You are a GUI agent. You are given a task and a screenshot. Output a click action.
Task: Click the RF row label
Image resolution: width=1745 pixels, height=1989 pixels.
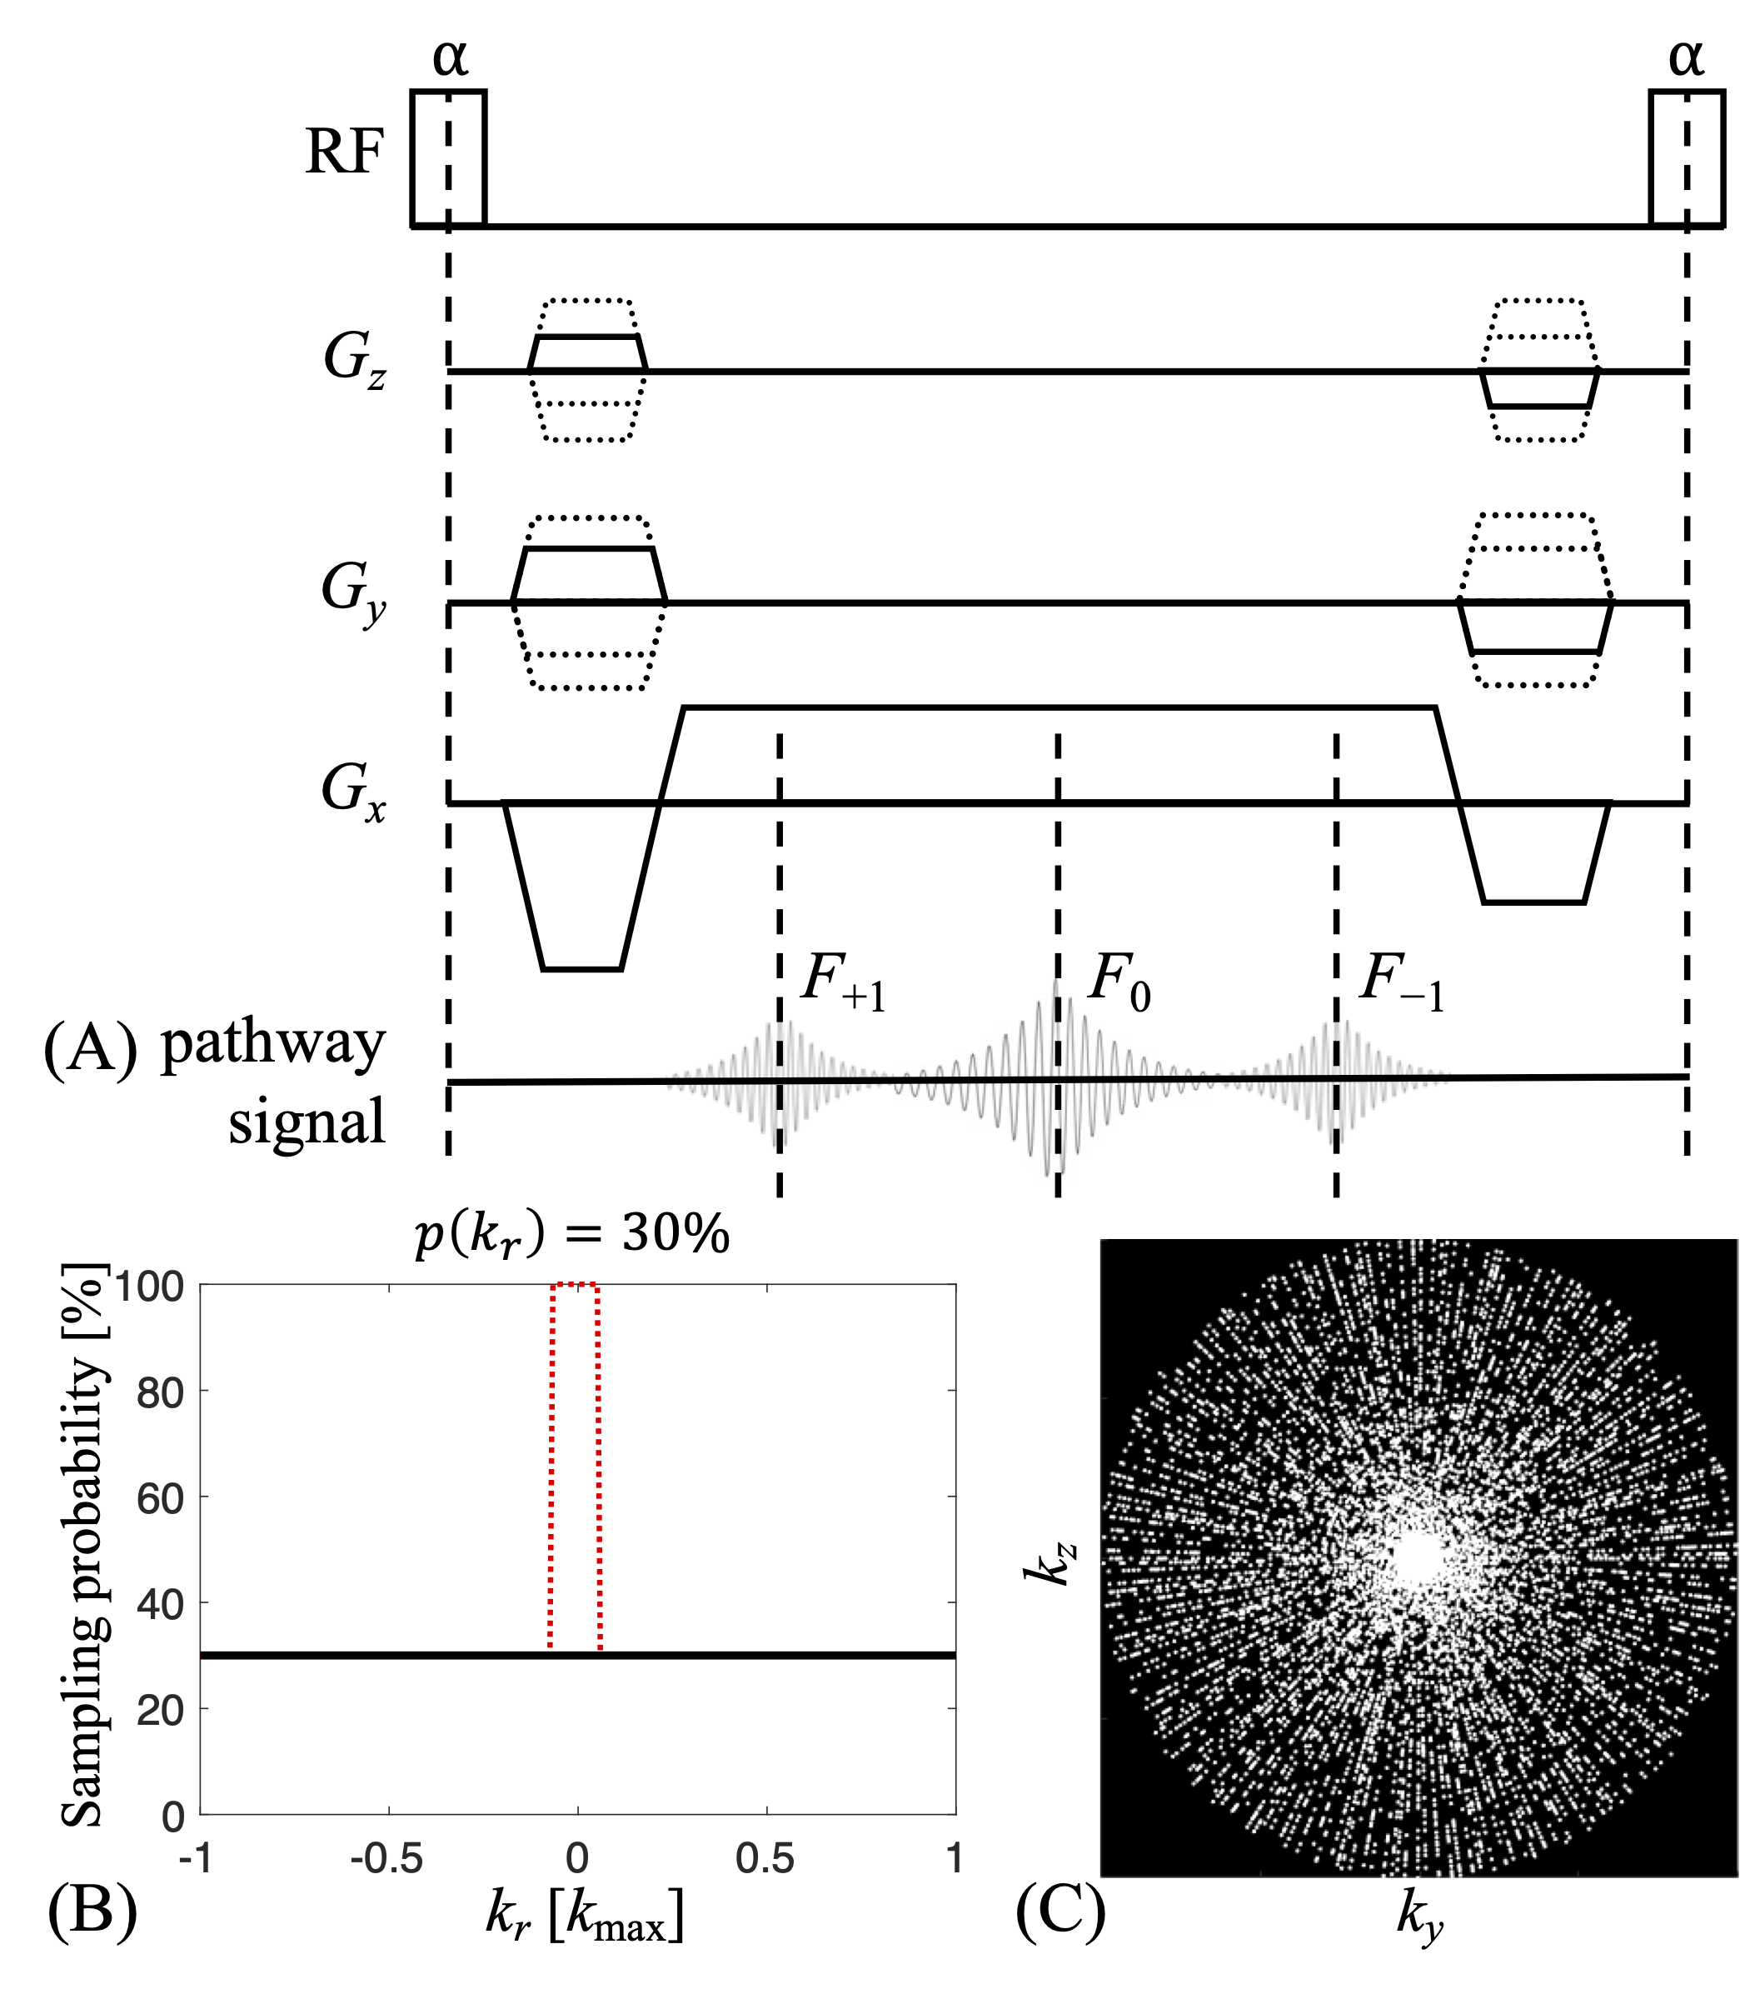(x=344, y=152)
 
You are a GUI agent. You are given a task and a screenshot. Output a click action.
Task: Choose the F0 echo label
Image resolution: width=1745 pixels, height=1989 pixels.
(x=1119, y=980)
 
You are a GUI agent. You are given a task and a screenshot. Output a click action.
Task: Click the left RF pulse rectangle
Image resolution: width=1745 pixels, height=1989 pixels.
(x=447, y=157)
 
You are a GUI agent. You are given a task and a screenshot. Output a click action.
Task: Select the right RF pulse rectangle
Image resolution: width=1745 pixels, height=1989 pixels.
(x=1686, y=157)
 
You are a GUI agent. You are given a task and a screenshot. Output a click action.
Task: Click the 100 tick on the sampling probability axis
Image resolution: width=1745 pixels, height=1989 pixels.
(x=149, y=1287)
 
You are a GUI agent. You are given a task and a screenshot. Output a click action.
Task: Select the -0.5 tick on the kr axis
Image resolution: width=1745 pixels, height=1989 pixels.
(x=387, y=1859)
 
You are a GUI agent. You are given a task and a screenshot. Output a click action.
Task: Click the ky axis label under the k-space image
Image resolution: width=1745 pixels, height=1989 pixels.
(x=1419, y=1915)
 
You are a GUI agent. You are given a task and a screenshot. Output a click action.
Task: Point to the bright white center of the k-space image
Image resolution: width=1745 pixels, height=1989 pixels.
(x=1414, y=1559)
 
